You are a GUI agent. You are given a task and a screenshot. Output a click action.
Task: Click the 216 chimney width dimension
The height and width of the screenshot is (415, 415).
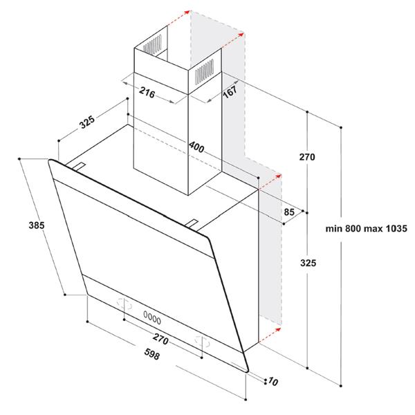tap(145, 91)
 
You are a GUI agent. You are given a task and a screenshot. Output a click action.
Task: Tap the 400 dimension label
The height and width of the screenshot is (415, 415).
tap(196, 147)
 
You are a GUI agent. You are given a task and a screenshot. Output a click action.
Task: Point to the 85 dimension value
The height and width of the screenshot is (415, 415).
tap(289, 211)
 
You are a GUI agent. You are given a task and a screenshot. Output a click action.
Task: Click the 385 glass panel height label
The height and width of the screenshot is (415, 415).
tap(37, 225)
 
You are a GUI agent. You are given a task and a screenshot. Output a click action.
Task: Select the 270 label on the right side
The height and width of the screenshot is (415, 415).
tap(307, 157)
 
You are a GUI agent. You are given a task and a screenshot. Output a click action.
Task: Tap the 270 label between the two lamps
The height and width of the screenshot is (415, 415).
tap(161, 340)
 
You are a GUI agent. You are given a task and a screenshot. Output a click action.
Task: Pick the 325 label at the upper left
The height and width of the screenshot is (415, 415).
tap(87, 124)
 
